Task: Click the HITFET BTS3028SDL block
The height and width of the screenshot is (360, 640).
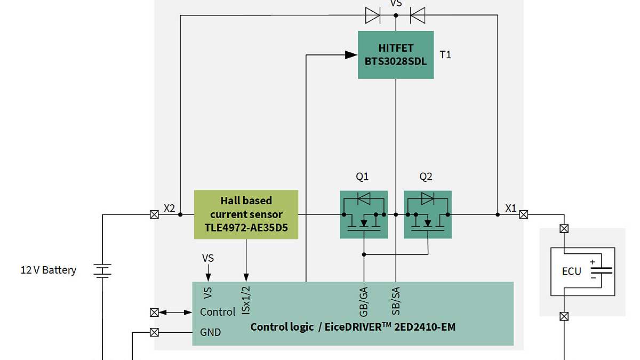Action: pyautogui.click(x=395, y=55)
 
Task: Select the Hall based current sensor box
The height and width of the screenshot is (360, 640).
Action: pyautogui.click(x=246, y=215)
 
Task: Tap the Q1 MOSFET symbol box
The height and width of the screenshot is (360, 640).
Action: pyautogui.click(x=364, y=214)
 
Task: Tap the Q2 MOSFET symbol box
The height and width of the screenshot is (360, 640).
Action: pyautogui.click(x=428, y=214)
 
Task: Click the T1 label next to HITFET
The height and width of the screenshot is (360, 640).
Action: pyautogui.click(x=445, y=55)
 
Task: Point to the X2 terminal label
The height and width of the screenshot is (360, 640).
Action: pyautogui.click(x=169, y=208)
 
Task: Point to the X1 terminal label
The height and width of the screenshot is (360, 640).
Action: pyautogui.click(x=510, y=208)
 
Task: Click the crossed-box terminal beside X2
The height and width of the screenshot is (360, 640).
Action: pyautogui.click(x=154, y=215)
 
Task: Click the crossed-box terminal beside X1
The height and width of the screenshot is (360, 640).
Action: pyautogui.click(x=524, y=215)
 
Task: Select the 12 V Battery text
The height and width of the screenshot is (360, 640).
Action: pyautogui.click(x=49, y=270)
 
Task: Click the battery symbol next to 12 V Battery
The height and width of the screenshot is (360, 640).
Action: pyautogui.click(x=102, y=271)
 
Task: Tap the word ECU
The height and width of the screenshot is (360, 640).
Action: pyautogui.click(x=571, y=271)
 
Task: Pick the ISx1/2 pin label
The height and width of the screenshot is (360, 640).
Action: pyautogui.click(x=246, y=300)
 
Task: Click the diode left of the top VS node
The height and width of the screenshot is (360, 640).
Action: pyautogui.click(x=372, y=15)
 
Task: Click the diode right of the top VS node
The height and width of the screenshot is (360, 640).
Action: pyautogui.click(x=418, y=15)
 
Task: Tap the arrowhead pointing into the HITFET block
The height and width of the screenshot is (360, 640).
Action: pyautogui.click(x=351, y=54)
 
